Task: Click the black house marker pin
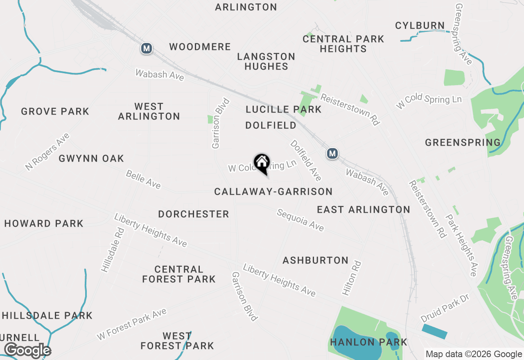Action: click(262, 163)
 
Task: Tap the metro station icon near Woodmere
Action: click(146, 48)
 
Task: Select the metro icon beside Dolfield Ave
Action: click(332, 153)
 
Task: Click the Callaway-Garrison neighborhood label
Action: click(273, 191)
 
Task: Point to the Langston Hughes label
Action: click(266, 61)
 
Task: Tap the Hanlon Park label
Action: click(369, 342)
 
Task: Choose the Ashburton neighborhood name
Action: click(315, 260)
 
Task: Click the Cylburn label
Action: click(420, 25)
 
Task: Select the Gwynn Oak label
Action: click(91, 158)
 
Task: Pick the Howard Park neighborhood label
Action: click(44, 223)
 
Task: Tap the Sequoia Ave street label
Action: click(300, 220)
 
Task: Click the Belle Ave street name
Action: click(143, 180)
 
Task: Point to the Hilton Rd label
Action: click(352, 278)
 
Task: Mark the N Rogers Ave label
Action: click(47, 152)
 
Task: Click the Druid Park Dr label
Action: click(443, 308)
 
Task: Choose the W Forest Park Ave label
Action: click(132, 324)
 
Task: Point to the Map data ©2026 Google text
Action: click(473, 354)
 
